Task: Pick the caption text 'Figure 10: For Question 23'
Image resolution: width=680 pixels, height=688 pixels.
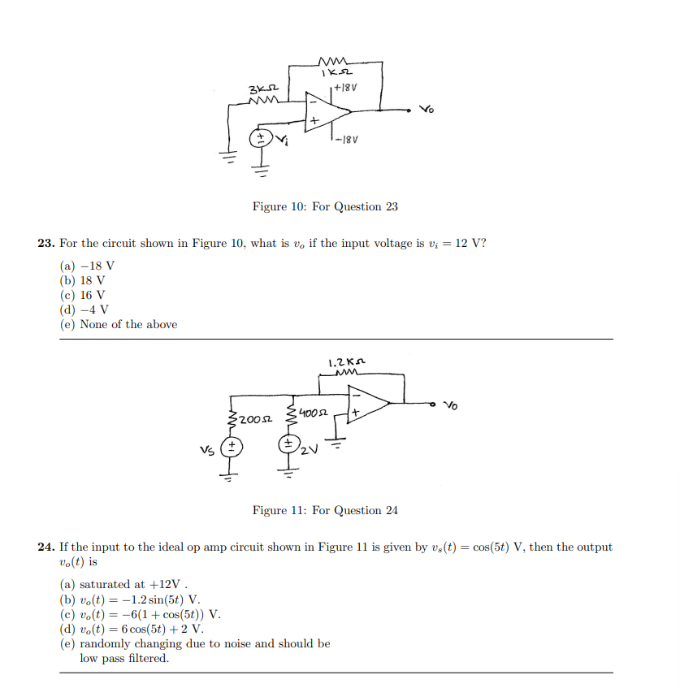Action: (x=325, y=206)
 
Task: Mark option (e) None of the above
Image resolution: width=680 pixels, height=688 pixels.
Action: (x=119, y=324)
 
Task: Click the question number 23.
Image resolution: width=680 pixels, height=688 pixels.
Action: (x=45, y=243)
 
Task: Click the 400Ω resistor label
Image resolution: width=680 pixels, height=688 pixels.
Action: (x=312, y=413)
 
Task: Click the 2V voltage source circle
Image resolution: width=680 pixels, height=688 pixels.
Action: (x=288, y=445)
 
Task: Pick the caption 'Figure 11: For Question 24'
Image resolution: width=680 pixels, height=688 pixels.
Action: (x=325, y=510)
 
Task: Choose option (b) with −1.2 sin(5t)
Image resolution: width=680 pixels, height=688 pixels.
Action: (x=130, y=599)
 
